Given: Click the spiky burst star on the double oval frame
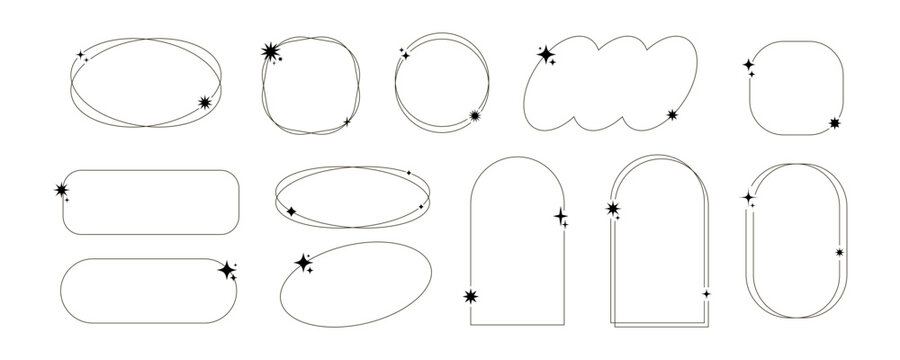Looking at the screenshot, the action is (206, 102).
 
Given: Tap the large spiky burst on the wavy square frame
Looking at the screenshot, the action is (269, 53).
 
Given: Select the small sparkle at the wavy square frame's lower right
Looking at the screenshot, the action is (347, 121).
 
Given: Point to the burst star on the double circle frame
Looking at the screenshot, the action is (474, 118).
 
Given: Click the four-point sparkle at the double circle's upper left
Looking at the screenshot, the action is (405, 55).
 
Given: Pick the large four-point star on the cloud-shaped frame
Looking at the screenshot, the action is (546, 54).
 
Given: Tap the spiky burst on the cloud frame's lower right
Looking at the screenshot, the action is (673, 115).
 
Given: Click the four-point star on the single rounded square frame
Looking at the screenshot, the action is (748, 65).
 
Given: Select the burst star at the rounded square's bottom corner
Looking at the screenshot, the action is (835, 124).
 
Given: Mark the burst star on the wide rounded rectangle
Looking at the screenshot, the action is (62, 189).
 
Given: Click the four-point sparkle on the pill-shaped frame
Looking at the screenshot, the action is (227, 268).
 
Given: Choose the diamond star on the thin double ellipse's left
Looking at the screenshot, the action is (291, 211).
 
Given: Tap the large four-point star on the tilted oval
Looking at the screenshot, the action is (302, 262).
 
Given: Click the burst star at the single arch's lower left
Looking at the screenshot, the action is (471, 296).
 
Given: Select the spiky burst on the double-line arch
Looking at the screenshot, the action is (613, 209).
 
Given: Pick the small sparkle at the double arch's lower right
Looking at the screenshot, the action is (706, 293).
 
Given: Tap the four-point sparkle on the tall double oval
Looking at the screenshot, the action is (747, 199).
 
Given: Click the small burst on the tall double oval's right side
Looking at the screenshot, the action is (839, 252).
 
